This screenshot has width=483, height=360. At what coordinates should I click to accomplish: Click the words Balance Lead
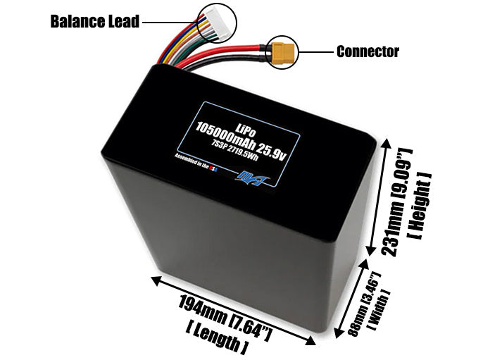(x=95, y=21)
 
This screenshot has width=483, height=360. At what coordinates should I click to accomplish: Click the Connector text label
(x=367, y=51)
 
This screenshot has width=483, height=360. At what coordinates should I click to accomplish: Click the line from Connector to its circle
(x=315, y=51)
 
